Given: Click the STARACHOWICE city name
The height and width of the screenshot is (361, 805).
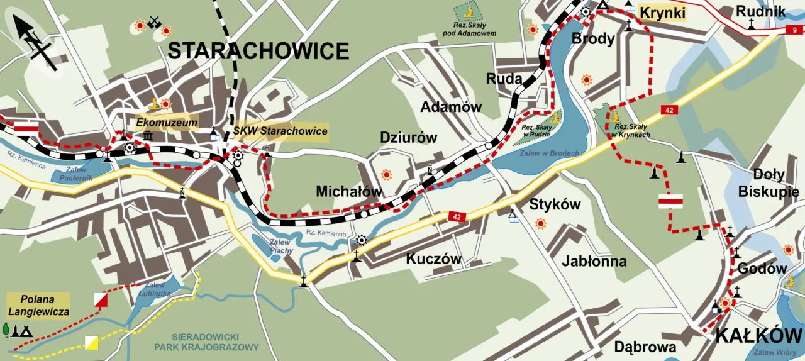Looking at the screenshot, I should (x=258, y=50).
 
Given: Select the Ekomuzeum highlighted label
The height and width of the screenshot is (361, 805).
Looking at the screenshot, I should (x=167, y=122).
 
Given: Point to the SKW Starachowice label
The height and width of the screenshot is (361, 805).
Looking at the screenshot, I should (x=280, y=131).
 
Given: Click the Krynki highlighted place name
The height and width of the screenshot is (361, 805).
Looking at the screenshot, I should (x=662, y=13).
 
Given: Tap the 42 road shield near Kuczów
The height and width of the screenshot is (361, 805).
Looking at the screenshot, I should (x=457, y=216).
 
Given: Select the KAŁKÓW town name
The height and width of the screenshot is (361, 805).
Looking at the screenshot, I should (x=758, y=335).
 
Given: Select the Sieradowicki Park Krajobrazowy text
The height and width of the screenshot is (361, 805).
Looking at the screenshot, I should (x=206, y=342).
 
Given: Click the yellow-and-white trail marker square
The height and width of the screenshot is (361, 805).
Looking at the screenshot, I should (x=92, y=342).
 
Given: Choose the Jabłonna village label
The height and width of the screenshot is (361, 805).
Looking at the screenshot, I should (x=594, y=260).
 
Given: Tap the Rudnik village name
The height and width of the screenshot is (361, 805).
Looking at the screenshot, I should (x=761, y=11).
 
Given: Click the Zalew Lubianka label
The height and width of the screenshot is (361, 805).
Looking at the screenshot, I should (x=155, y=289).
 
